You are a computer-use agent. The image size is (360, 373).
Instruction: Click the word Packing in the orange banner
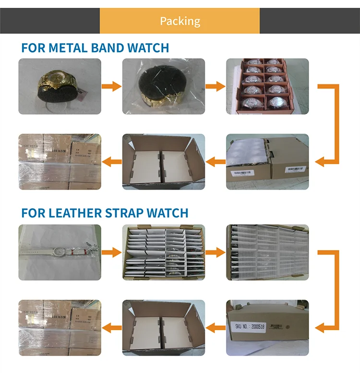[x=180, y=21]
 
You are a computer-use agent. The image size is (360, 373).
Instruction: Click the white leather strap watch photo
[x=60, y=252]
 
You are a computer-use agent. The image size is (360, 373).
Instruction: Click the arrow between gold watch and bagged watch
[x=112, y=86]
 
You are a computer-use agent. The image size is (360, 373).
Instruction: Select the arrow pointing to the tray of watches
[x=216, y=86]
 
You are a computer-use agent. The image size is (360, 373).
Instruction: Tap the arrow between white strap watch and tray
[x=112, y=252]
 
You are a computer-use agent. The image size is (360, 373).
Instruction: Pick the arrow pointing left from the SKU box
[x=216, y=328]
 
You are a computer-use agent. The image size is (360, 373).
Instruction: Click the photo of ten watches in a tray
[x=267, y=86]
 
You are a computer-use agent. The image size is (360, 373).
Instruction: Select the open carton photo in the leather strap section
[x=163, y=328]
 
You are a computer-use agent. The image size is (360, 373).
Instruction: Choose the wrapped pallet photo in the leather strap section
[x=60, y=328]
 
